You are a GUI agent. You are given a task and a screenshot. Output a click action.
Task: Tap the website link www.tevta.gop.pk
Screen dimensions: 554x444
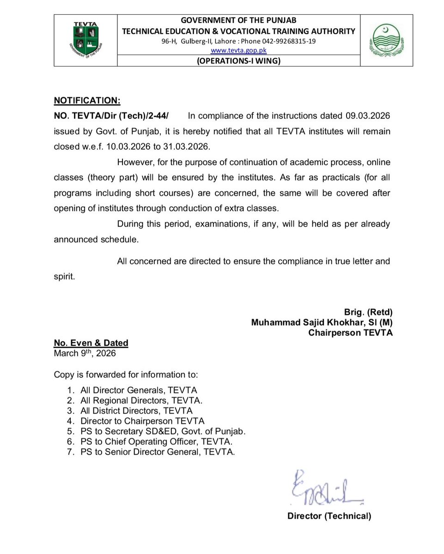click(x=238, y=50)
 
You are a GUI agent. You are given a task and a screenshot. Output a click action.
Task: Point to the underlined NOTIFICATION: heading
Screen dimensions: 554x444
click(x=87, y=100)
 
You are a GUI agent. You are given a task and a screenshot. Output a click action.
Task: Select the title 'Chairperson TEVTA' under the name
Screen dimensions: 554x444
click(x=351, y=332)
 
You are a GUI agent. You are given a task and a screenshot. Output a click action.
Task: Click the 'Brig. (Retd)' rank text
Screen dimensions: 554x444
click(x=368, y=312)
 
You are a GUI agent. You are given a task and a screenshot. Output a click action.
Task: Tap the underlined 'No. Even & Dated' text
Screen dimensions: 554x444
click(x=91, y=343)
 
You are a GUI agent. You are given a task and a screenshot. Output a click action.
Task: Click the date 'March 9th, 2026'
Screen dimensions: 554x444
click(x=85, y=354)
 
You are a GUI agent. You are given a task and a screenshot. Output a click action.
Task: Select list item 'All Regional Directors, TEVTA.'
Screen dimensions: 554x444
click(x=141, y=400)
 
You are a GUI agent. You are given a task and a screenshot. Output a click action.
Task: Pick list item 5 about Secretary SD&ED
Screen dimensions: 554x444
click(x=163, y=432)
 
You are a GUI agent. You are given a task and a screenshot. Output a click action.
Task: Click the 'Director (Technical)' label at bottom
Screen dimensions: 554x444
click(x=329, y=516)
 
